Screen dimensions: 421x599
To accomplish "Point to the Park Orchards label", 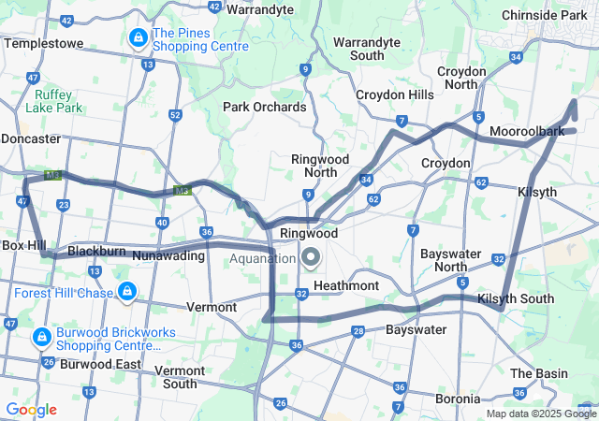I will pyautogui.click(x=264, y=107).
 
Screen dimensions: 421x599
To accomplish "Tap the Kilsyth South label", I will pyautogui.click(x=515, y=298).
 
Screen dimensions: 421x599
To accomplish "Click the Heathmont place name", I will pyautogui.click(x=346, y=284).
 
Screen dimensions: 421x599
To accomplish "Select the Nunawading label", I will pyautogui.click(x=168, y=254).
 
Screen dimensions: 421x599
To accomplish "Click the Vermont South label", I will pyautogui.click(x=179, y=377).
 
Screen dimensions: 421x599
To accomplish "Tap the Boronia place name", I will pyautogui.click(x=458, y=398).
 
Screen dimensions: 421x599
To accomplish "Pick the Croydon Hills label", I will pyautogui.click(x=394, y=94).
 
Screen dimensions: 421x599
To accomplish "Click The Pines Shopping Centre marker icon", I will pyautogui.click(x=138, y=38).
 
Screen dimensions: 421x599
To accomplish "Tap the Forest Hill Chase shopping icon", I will pyautogui.click(x=125, y=293).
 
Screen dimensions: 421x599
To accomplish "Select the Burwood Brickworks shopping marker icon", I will pyautogui.click(x=41, y=336).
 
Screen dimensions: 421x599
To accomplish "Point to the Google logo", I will pyautogui.click(x=31, y=410).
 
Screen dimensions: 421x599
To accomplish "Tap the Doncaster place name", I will pyautogui.click(x=30, y=138).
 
